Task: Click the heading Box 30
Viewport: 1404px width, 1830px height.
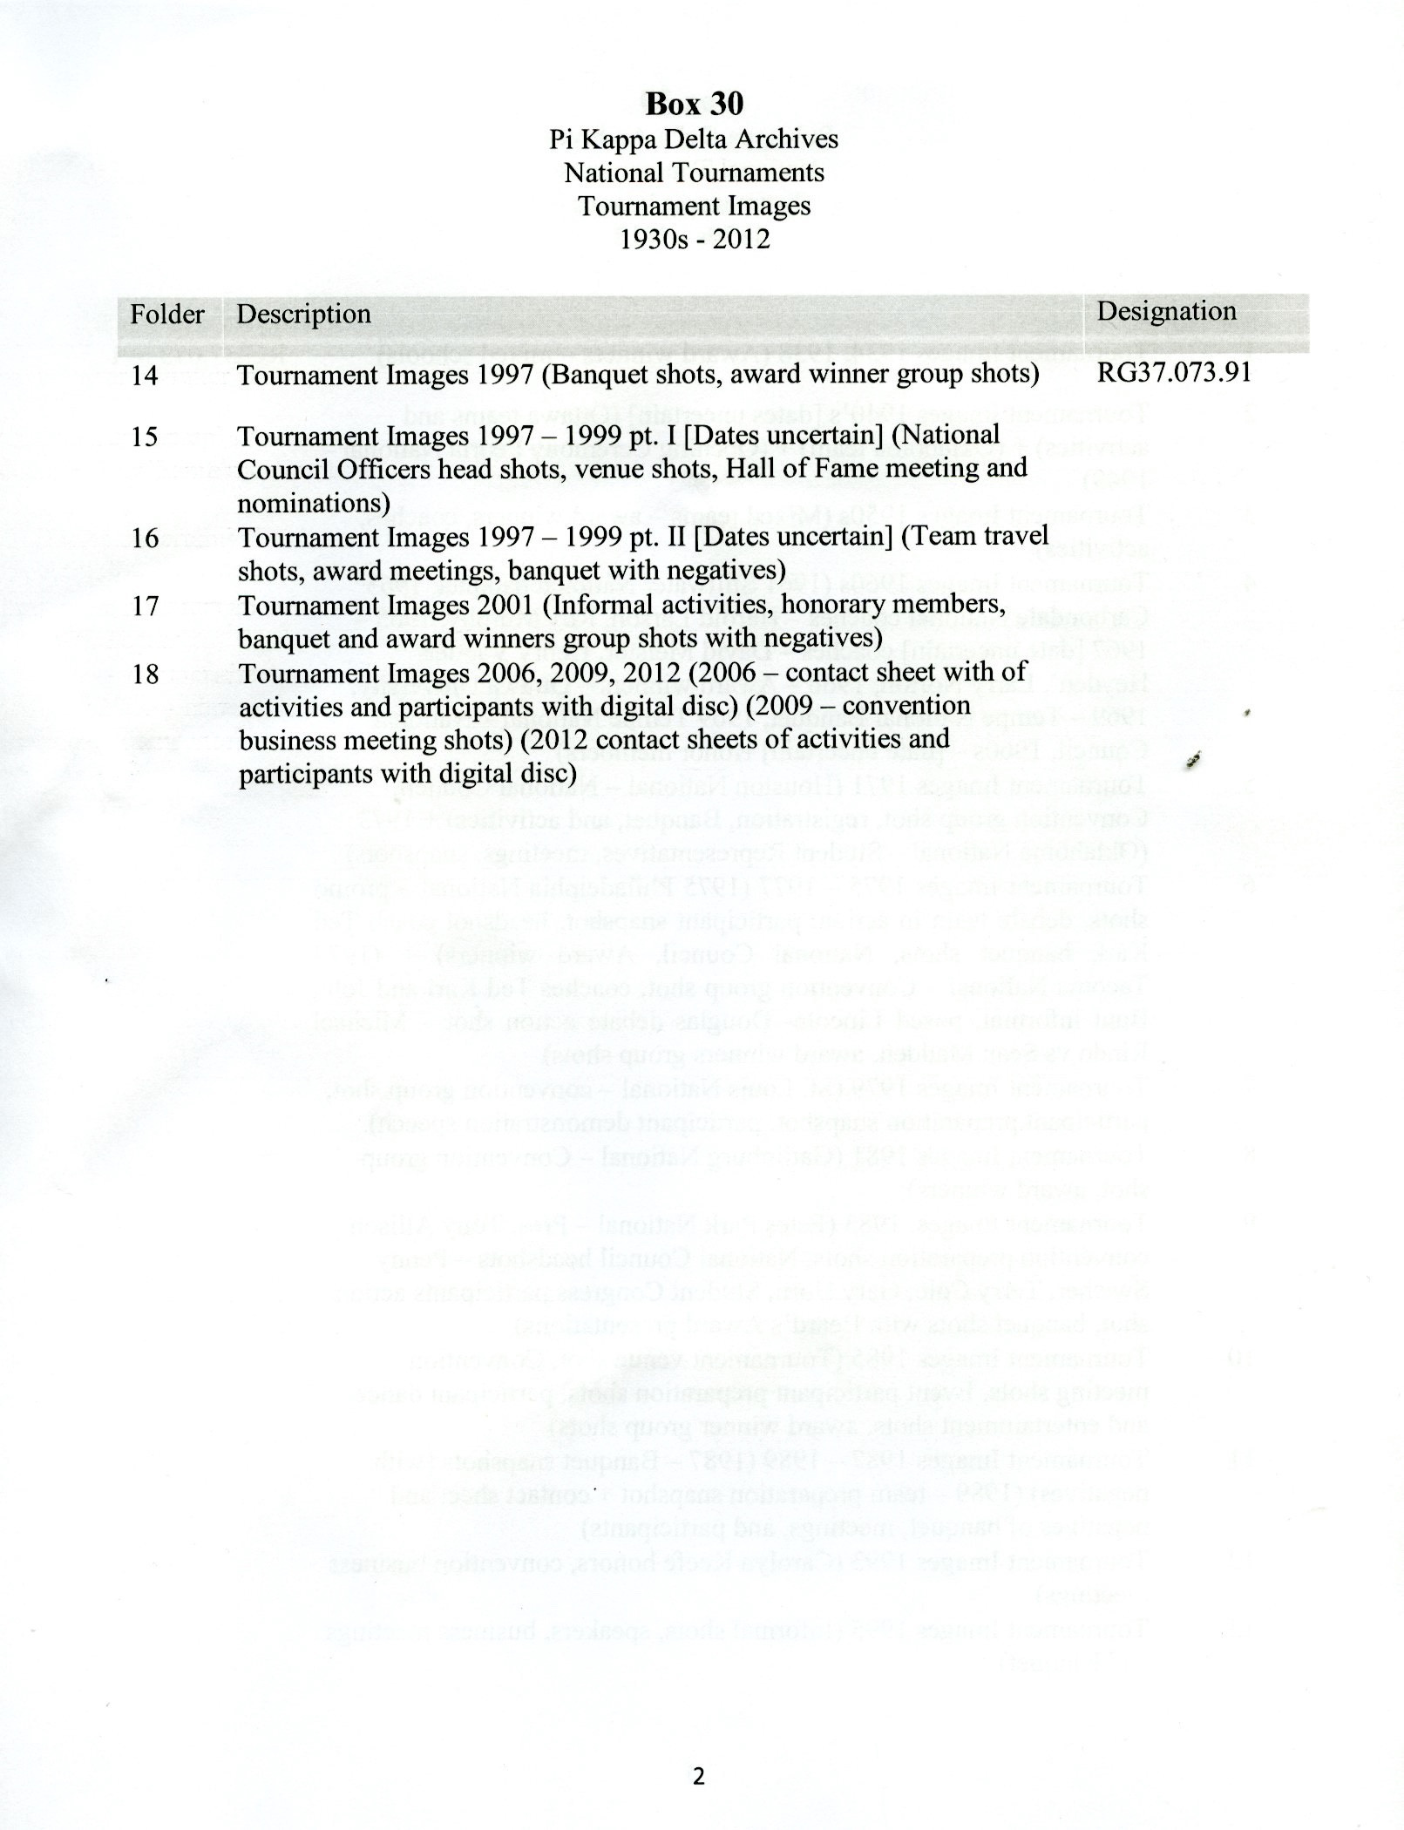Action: click(694, 104)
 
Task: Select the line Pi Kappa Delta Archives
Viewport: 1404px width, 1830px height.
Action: click(694, 139)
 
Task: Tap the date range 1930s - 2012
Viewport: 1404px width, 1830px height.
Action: click(694, 239)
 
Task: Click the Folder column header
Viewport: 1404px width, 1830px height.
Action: click(167, 314)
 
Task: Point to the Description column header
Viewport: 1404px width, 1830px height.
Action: click(304, 314)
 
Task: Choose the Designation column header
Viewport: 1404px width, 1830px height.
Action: click(1166, 311)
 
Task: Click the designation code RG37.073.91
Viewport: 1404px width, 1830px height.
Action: click(1174, 372)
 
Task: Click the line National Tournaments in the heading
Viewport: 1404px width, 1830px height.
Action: click(694, 173)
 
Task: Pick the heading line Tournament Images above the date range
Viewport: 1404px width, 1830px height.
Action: click(694, 206)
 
